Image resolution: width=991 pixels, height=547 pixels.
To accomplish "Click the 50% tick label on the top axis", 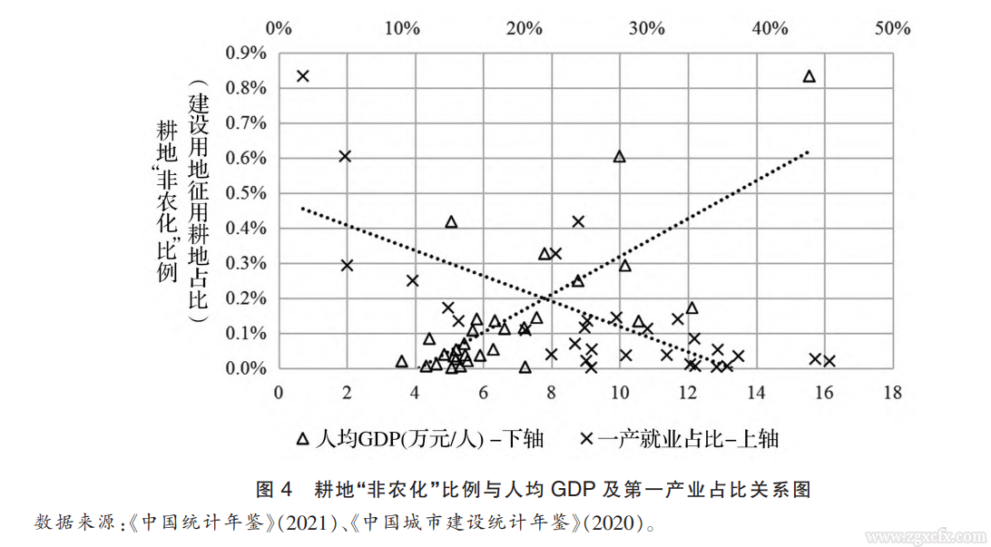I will (892, 28).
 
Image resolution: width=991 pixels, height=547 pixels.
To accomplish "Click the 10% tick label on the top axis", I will (402, 28).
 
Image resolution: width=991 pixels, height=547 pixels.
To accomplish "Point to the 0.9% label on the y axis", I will (242, 54).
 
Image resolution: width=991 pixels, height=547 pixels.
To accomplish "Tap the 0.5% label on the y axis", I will (242, 194).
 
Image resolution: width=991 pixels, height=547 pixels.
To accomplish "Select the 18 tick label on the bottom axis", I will (892, 393).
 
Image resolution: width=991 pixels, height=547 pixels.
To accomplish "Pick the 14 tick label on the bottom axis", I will (756, 393).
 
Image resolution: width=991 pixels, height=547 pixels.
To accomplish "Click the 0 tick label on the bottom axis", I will (279, 393).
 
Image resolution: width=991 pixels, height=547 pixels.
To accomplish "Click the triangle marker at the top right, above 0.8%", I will (809, 76).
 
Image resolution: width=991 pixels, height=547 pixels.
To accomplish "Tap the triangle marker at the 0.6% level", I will (620, 156).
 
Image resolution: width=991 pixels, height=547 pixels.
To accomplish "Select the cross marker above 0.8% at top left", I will (303, 76).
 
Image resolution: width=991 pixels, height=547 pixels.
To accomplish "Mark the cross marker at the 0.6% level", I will (345, 156).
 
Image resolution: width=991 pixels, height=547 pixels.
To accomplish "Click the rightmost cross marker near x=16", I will (829, 361).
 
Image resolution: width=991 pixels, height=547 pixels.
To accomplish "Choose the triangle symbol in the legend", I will (303, 439).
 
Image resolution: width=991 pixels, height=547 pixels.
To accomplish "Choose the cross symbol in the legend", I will (587, 439).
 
